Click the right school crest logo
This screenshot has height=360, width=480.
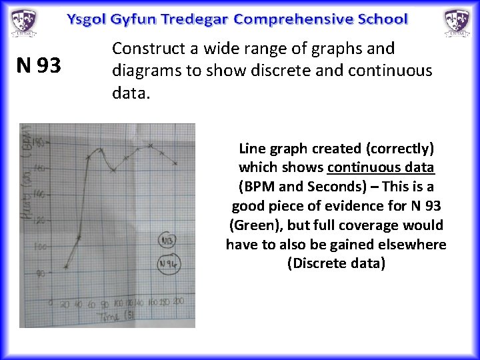457,22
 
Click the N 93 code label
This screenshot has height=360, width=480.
39,65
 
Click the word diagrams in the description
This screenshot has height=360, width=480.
143,70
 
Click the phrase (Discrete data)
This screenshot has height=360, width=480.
336,263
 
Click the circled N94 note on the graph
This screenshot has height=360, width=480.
167,265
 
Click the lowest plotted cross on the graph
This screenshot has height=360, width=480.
66,267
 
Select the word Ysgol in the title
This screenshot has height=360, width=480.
86,19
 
